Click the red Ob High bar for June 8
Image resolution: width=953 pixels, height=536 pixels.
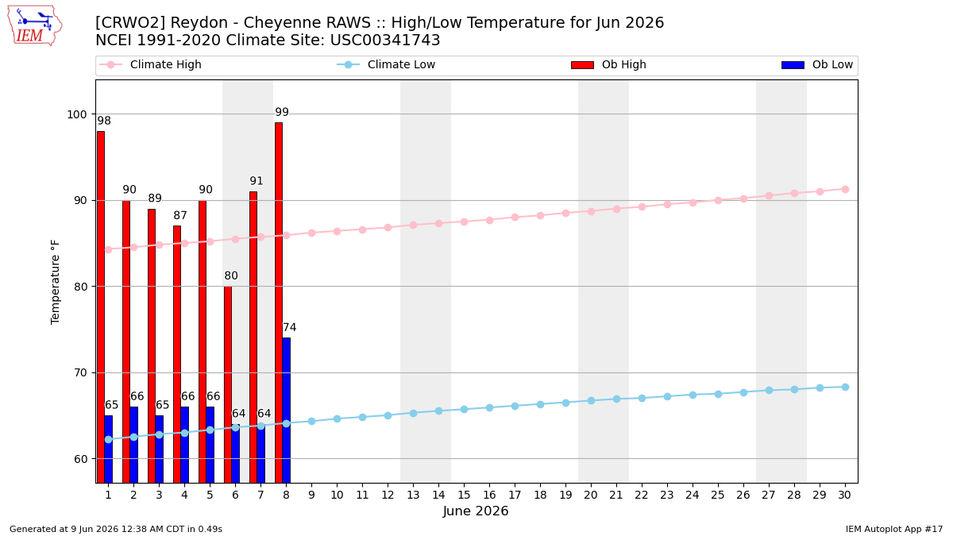[279, 303]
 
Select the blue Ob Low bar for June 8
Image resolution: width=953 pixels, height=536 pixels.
[287, 410]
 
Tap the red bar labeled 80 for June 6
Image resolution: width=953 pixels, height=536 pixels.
[228, 384]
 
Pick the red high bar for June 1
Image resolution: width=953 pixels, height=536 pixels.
[101, 307]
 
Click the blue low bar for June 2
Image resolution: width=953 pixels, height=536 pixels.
[134, 445]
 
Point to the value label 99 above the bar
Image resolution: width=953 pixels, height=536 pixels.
[282, 112]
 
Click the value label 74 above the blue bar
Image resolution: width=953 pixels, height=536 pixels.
[289, 327]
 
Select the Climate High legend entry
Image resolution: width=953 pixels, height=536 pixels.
[150, 64]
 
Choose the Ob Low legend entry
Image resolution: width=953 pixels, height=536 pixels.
[817, 64]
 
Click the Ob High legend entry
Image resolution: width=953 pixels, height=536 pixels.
[609, 64]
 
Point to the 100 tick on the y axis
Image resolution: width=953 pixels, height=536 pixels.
[76, 114]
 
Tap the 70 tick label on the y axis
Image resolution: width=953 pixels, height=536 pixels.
[80, 373]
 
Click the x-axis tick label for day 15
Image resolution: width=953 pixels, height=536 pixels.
[464, 495]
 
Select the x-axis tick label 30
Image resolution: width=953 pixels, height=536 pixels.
[845, 495]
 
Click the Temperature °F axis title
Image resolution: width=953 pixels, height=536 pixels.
[56, 282]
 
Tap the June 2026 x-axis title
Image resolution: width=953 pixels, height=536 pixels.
[476, 511]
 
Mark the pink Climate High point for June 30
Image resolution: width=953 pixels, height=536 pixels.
[845, 189]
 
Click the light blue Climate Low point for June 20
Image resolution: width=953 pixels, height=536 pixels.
[591, 401]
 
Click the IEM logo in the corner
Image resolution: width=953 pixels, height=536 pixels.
[35, 26]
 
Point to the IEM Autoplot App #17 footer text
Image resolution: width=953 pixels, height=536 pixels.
[894, 529]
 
